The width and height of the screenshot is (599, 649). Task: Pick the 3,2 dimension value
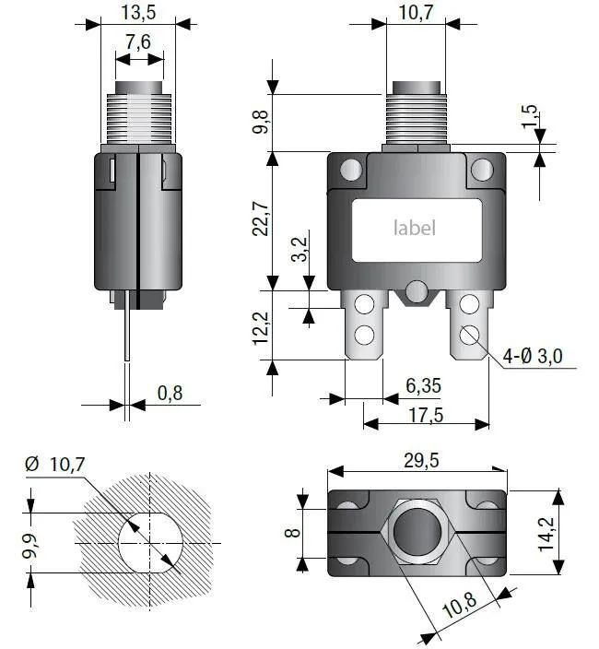point(299,250)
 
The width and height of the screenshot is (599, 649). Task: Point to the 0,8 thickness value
point(170,393)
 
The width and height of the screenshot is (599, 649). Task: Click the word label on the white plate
point(415,228)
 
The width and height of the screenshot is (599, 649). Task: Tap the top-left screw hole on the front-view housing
point(350,170)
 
